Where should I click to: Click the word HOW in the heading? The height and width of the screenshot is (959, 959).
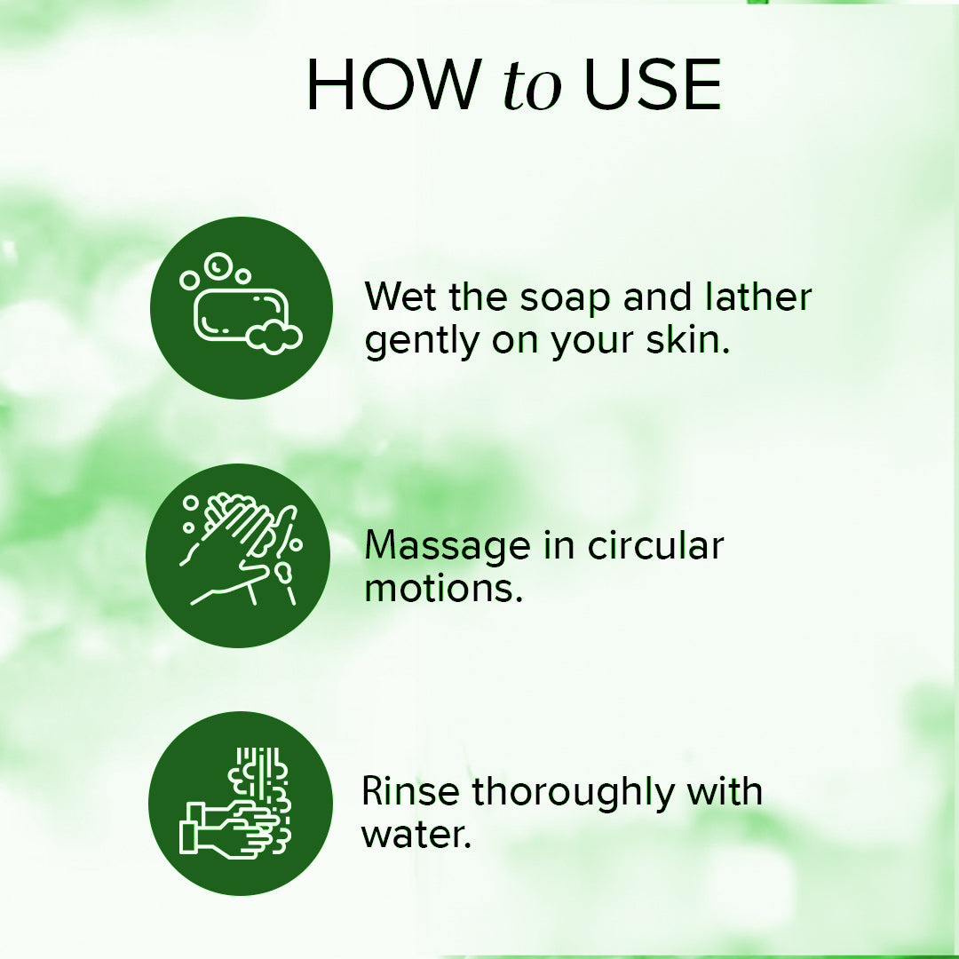click(x=392, y=85)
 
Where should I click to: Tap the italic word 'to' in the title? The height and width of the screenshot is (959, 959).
click(x=532, y=87)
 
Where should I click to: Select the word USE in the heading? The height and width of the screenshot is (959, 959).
click(x=652, y=85)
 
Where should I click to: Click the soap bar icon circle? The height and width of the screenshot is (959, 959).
click(x=241, y=307)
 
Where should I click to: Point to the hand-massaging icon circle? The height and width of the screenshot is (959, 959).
click(x=238, y=555)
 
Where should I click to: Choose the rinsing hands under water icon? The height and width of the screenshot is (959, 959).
click(x=240, y=803)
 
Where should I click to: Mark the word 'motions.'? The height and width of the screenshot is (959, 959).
click(x=443, y=588)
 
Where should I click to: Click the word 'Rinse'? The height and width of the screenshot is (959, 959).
click(x=409, y=790)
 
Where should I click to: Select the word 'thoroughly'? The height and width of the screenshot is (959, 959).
click(x=571, y=792)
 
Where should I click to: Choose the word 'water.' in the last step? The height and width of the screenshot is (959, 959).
click(x=416, y=835)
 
